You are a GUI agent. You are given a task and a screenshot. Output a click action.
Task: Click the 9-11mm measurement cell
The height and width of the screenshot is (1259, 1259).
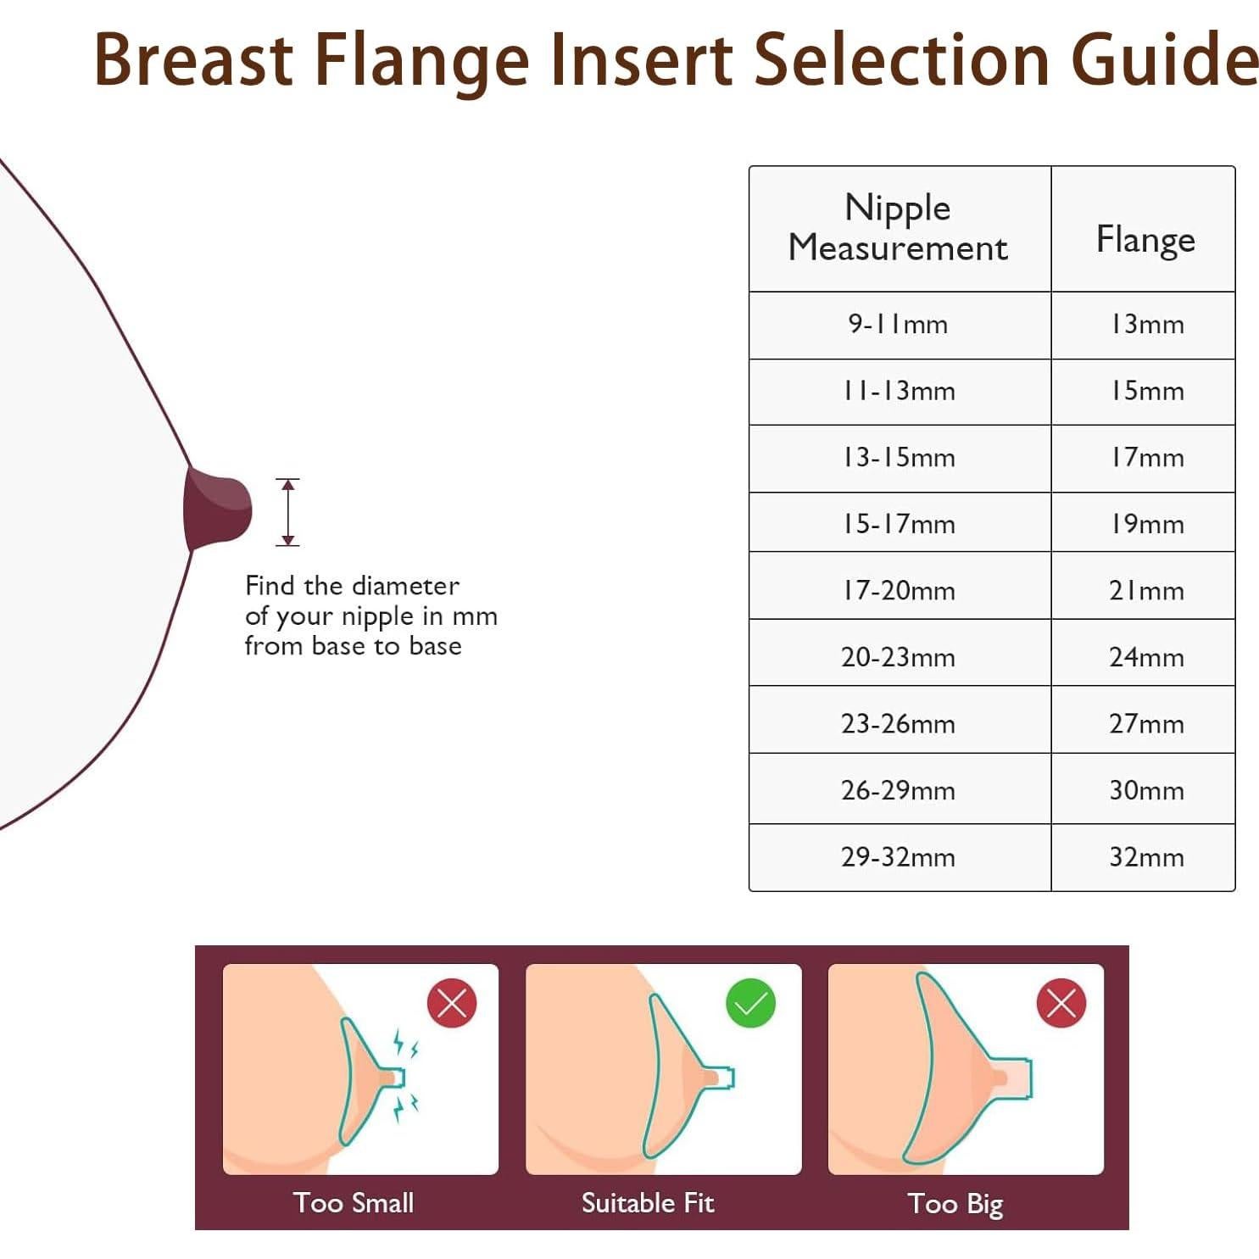(899, 324)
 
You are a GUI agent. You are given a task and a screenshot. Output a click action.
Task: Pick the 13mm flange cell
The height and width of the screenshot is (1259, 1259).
(1145, 324)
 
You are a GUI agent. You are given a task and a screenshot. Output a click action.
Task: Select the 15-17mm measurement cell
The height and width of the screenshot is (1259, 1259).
(899, 524)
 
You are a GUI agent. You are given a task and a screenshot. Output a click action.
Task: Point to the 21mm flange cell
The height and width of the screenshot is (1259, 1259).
(1145, 590)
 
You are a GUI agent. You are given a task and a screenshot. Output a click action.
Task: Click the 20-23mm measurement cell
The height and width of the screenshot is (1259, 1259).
(899, 657)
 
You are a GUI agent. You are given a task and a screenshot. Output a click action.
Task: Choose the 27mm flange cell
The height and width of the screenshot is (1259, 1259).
(1145, 723)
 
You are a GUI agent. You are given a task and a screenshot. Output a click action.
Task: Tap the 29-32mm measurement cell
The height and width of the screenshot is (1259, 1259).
(899, 857)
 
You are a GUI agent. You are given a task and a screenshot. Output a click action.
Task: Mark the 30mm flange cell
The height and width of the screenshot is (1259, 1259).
(1145, 790)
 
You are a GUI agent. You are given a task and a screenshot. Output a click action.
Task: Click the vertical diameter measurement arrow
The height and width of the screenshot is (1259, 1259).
(288, 512)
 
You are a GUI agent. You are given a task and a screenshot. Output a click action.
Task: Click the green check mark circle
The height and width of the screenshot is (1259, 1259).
(750, 1003)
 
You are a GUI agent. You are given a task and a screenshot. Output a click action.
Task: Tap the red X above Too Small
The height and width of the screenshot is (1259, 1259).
(452, 1003)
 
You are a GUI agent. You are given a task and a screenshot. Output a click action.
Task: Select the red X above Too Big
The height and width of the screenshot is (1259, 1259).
(1061, 1003)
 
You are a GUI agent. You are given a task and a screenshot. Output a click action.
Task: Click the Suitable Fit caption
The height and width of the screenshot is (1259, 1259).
(648, 1203)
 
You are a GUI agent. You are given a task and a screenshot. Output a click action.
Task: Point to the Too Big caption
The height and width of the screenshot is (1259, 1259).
(955, 1204)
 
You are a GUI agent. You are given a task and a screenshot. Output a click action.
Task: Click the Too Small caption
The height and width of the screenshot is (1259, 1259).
(354, 1203)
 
